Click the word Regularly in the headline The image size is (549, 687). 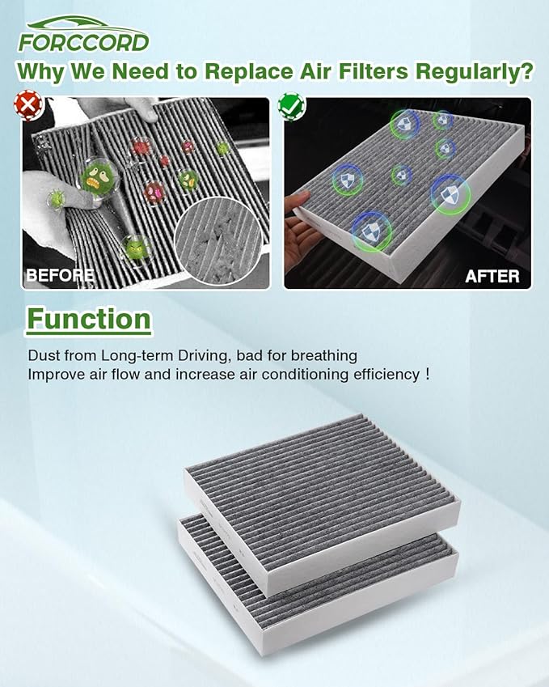pyautogui.click(x=473, y=70)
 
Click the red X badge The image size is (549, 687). pyautogui.click(x=30, y=104)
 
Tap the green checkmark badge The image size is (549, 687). pyautogui.click(x=289, y=104)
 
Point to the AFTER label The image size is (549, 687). pyautogui.click(x=492, y=276)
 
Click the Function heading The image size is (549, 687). pyautogui.click(x=89, y=319)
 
